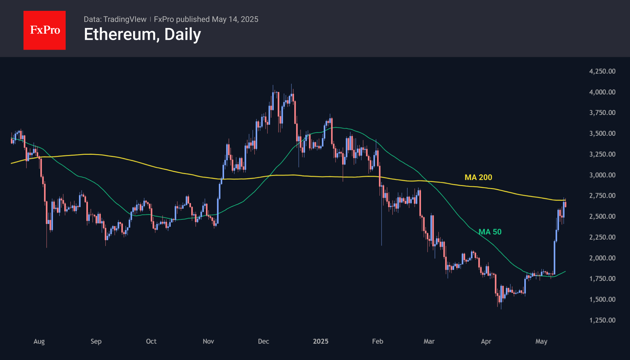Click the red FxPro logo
(x=45, y=30)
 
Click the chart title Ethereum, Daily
(x=142, y=34)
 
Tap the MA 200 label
(x=478, y=177)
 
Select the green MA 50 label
(x=490, y=232)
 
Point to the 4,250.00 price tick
(x=602, y=71)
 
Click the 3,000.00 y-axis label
(x=602, y=175)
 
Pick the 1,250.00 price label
(x=602, y=320)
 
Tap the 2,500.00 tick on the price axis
(x=602, y=216)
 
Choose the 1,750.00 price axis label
(x=602, y=278)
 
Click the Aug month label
(x=39, y=341)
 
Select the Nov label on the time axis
(x=208, y=341)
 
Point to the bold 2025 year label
(x=320, y=341)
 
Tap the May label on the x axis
(x=541, y=341)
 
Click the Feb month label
(x=378, y=341)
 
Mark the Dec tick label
(x=264, y=341)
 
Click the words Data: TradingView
(x=115, y=19)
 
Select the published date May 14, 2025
(x=235, y=19)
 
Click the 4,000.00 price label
(x=602, y=92)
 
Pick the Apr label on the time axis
(x=486, y=341)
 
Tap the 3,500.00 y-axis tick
(x=602, y=133)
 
